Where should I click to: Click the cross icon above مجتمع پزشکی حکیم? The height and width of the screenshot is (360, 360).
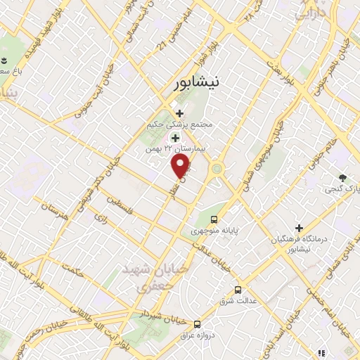(179, 113)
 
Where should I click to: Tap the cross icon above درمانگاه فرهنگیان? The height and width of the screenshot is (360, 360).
(300, 229)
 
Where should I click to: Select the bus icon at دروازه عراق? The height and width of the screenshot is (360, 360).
(197, 324)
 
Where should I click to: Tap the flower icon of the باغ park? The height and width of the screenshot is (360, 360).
(4, 60)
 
